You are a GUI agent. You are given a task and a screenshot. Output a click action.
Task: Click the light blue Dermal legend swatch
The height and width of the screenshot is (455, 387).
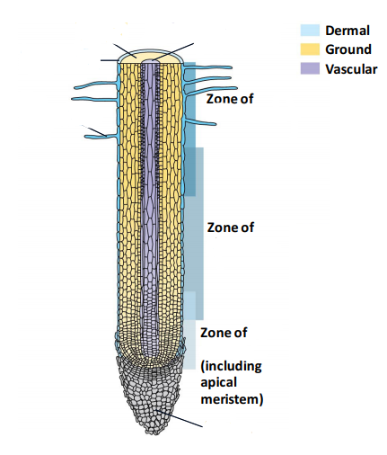coord(310,31)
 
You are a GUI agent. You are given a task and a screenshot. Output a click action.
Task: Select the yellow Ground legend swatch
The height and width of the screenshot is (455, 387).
coord(310,49)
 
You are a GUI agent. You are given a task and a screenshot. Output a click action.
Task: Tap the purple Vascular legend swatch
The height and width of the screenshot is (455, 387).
coord(310,68)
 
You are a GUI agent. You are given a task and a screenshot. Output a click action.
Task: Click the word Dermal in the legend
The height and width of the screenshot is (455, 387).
coord(347,31)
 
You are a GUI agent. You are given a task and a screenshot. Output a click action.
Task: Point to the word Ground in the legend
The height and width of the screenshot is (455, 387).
coord(348,49)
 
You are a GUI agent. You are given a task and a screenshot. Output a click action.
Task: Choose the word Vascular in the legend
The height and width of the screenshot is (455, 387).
coord(351,69)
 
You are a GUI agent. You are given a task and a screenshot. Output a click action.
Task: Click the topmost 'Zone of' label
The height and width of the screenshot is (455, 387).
coord(230,99)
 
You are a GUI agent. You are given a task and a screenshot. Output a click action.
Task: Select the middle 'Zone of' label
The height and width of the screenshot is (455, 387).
coord(231,227)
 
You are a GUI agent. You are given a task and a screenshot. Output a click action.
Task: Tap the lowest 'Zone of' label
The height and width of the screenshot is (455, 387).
coord(224,333)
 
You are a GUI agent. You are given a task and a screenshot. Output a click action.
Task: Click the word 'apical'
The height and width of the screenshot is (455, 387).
coord(218,383)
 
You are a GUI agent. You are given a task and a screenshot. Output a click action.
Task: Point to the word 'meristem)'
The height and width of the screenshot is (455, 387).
coord(232,399)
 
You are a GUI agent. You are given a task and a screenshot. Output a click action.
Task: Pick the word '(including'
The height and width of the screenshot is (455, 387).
coord(231,366)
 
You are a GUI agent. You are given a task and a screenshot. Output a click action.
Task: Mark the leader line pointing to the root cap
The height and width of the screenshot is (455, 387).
coord(180,418)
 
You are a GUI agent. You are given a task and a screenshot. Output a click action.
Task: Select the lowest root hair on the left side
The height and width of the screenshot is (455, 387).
coord(101,137)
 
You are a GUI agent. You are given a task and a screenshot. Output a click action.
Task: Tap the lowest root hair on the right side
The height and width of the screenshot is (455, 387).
coord(200,122)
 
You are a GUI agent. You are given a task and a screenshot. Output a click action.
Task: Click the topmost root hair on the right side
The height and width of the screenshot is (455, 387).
coord(207,67)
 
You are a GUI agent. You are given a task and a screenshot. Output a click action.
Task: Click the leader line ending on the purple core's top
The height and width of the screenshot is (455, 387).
coord(173,52)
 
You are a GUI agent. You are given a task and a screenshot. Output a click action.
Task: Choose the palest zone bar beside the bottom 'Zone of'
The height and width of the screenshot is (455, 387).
coord(189,344)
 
